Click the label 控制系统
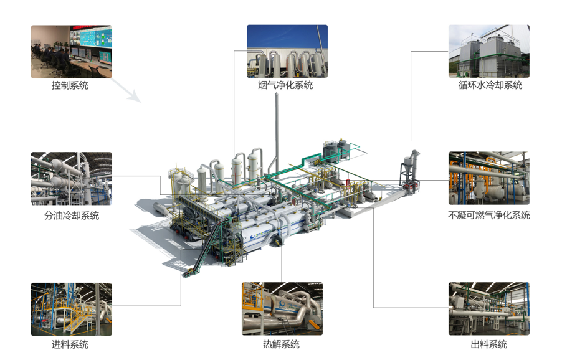(x=70, y=86)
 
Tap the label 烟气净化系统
(x=286, y=86)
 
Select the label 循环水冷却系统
(x=490, y=86)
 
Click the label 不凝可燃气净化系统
(x=489, y=216)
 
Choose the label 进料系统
(x=70, y=344)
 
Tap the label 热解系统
(x=281, y=344)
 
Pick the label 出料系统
(x=488, y=344)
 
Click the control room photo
(x=72, y=51)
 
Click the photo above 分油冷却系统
(x=72, y=179)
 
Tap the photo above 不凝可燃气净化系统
(x=489, y=179)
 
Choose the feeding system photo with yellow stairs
(x=72, y=309)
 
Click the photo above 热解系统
(x=282, y=309)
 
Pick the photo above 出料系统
(x=489, y=309)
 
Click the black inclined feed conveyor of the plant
(x=209, y=246)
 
